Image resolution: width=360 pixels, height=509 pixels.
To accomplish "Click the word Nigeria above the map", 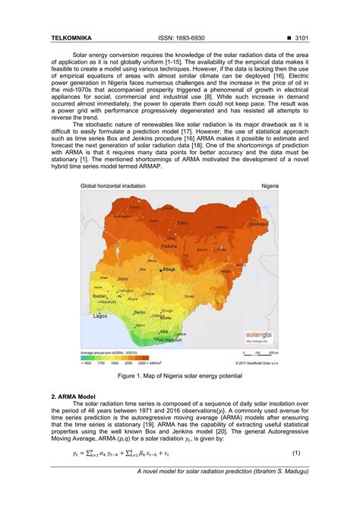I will [x=270, y=185].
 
